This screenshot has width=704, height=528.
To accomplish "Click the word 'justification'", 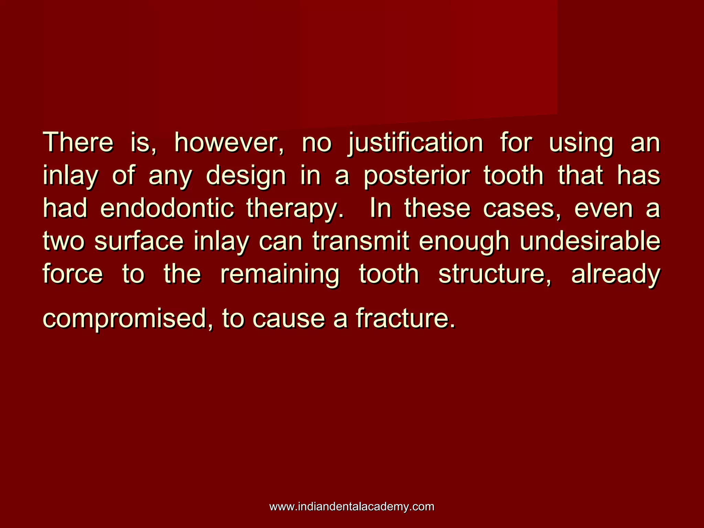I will pos(416,143).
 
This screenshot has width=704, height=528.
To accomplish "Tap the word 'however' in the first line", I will pos(229,143).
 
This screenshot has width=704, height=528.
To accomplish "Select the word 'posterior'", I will pos(417,176).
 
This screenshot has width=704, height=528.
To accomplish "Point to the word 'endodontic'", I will pos(167,208).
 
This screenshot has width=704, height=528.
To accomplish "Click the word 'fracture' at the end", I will pos(406,318).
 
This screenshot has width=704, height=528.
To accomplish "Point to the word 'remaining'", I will pos(280,275).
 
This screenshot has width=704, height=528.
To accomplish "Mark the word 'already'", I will pos(616,275).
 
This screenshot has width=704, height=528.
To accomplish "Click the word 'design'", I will pos(246,176).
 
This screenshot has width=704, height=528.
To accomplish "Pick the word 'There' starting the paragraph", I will pos(78,143).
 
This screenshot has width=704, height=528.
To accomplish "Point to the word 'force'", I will pos(73,274).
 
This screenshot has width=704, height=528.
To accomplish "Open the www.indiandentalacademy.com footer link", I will pos(352,506).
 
